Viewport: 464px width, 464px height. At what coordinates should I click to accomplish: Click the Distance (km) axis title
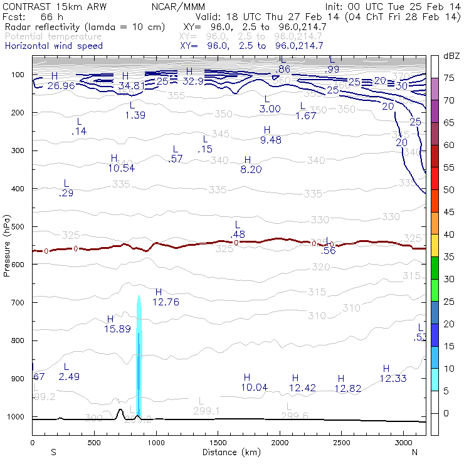tap(229, 451)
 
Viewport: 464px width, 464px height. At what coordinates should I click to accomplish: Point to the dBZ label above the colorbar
tap(451, 56)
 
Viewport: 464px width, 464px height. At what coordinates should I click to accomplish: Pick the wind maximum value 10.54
tap(121, 167)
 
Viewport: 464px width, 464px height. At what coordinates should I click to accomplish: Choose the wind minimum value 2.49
tap(70, 376)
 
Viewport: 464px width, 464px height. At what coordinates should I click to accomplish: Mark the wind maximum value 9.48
tap(271, 139)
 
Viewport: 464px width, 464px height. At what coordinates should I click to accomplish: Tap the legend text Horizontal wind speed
tap(54, 46)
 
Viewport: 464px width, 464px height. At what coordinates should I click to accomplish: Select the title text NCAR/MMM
tap(178, 6)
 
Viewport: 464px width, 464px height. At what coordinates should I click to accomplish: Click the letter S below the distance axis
tap(54, 451)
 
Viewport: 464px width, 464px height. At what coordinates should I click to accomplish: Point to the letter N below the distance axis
tap(414, 451)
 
